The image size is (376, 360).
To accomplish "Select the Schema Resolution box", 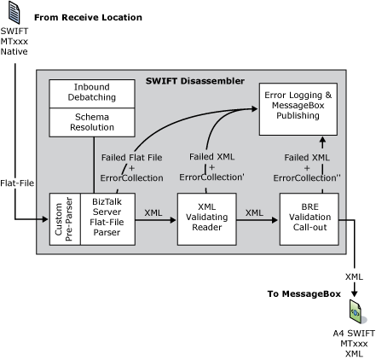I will [x=91, y=121].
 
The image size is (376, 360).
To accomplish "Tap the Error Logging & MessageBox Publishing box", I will [x=297, y=107].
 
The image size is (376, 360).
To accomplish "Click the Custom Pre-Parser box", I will [x=65, y=219].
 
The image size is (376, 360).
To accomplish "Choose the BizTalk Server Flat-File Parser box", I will [x=107, y=219].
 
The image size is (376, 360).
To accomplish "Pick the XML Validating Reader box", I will [x=205, y=219].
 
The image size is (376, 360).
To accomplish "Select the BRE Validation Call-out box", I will [x=309, y=219].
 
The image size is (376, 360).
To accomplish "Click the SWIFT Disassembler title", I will [x=194, y=81].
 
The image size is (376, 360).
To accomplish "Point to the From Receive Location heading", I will [x=88, y=17].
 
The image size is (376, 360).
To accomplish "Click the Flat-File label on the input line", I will [x=16, y=181].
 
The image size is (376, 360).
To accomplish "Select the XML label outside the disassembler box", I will [x=354, y=276].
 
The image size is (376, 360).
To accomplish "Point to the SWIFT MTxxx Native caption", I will [x=14, y=40].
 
